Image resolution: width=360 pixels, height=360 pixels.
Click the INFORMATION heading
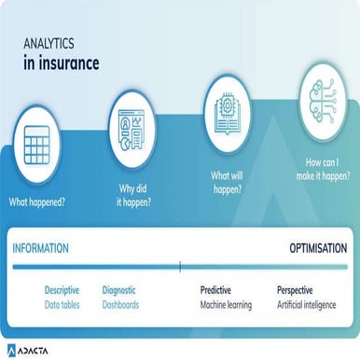[40, 248]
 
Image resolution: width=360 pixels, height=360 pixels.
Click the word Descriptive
[62, 290]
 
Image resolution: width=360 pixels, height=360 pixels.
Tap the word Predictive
[215, 290]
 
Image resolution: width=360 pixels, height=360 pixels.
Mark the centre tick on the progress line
[180, 267]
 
